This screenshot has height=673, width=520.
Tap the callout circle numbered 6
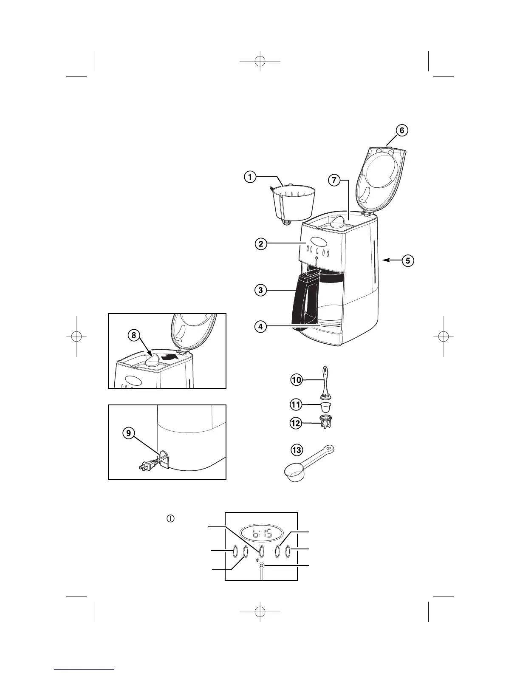pos(401,130)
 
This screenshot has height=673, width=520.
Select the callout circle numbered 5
pos(407,260)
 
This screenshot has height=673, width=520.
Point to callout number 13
pos(296,450)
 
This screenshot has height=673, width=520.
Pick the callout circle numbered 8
pos(134,335)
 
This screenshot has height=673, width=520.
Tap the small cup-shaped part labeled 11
pos(326,407)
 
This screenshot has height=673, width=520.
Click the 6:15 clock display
pos(262,533)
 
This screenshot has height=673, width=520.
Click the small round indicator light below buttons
pos(261,566)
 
